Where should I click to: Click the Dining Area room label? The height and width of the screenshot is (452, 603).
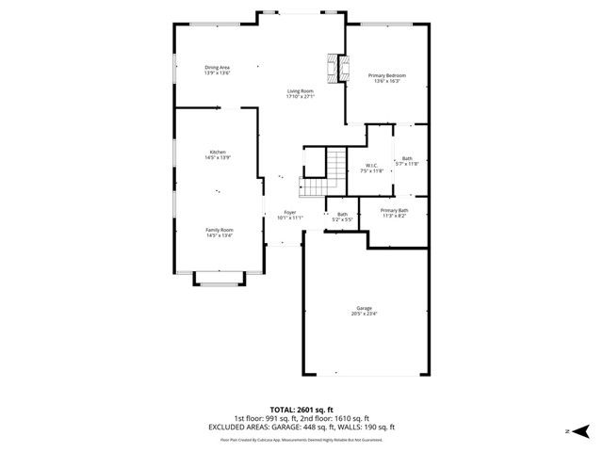coord(218,67)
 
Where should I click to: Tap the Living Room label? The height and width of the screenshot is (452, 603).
coord(301,90)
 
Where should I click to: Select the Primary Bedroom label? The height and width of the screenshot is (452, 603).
coord(387,75)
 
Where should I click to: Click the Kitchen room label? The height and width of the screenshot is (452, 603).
coord(218,152)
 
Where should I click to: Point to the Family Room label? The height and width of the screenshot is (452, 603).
coord(220,230)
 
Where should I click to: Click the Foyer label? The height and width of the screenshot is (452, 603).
coord(290,212)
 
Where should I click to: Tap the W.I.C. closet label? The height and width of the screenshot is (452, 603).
coord(372,166)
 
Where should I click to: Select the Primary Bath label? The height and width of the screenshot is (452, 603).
coord(394,210)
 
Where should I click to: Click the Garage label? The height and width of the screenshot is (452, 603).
coord(364,308)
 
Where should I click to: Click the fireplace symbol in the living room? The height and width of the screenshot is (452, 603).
coord(333,68)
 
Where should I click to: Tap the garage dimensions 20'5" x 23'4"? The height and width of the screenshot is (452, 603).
coord(364,314)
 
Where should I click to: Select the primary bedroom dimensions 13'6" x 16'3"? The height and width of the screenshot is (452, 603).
coord(387,81)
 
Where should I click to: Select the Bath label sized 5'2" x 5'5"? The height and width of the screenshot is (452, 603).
coord(342,217)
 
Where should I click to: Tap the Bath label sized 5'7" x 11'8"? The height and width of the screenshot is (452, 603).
coord(407,161)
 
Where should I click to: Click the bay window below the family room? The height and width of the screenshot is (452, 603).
coord(219,279)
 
